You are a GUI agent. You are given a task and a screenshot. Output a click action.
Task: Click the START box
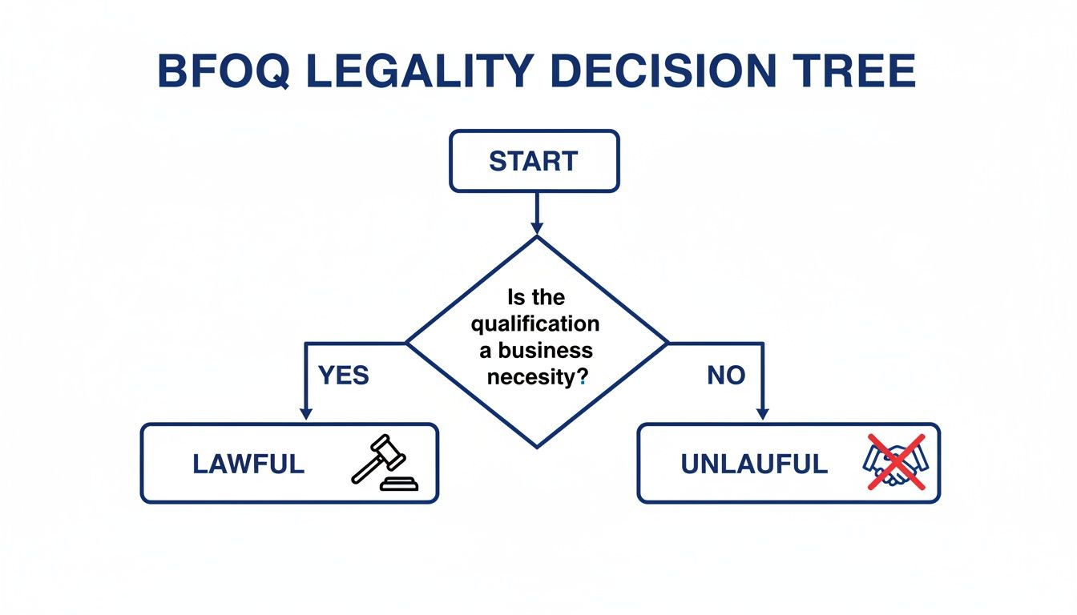pos(534,161)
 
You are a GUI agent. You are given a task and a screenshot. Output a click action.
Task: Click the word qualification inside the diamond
pos(535,324)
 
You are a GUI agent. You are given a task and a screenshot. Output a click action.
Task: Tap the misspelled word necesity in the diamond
pos(530,376)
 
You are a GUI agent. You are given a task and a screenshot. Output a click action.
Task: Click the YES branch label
pos(344,375)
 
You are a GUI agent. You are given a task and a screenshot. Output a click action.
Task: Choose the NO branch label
pos(726,375)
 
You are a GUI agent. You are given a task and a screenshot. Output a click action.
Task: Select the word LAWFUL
pos(248,464)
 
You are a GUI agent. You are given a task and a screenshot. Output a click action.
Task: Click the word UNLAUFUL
pos(754,464)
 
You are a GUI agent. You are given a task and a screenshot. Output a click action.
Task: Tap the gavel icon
pos(379,462)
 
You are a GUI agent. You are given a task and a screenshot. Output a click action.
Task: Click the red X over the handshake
pos(896,462)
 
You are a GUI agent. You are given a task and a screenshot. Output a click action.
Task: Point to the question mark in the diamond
pos(583,376)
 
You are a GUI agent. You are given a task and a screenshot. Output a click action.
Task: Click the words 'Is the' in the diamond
pos(536,298)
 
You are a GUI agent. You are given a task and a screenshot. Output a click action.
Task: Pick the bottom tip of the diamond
pos(536,446)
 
